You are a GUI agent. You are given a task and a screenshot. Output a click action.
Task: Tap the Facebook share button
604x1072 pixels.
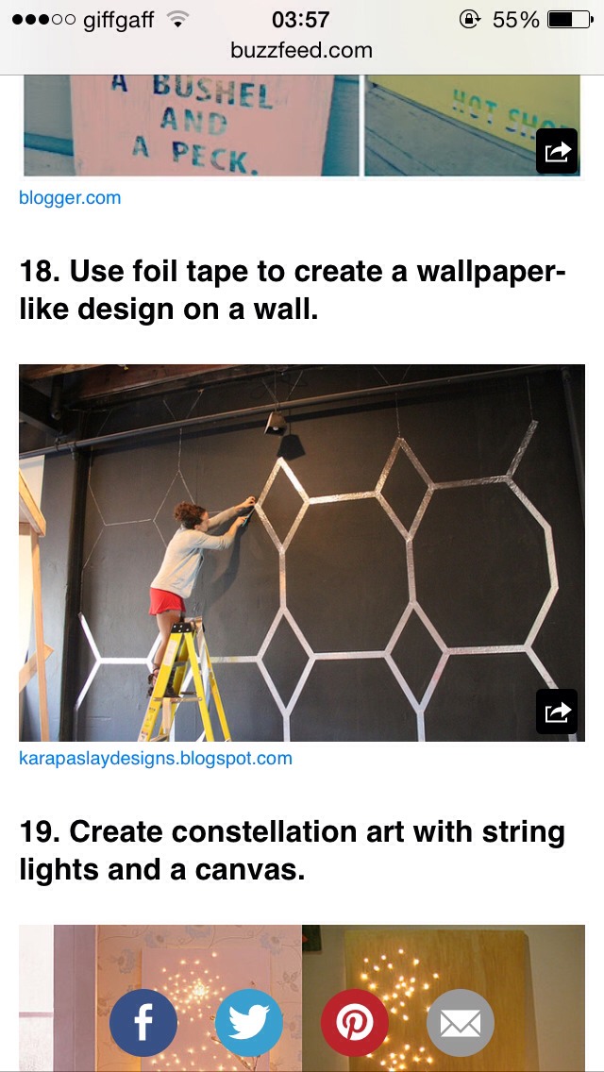pos(143,1022)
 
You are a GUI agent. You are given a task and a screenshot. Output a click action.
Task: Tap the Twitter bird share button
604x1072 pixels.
pos(249,1022)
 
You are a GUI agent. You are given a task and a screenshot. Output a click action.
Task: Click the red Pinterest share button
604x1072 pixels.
pos(355,1022)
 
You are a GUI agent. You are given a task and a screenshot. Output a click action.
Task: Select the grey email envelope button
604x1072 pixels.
pos(461,1022)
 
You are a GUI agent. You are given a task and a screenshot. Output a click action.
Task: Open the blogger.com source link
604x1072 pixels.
pos(70,198)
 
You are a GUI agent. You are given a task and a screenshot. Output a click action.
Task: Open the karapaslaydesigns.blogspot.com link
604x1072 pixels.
pos(156,758)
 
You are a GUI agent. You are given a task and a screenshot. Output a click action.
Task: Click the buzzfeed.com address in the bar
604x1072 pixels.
pos(301,50)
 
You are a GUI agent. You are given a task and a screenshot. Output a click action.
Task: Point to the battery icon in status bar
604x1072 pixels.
pos(570,19)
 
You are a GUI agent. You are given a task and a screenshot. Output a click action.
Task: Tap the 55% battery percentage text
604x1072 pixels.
pos(515,19)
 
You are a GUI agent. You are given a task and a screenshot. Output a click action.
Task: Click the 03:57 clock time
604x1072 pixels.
pos(300,19)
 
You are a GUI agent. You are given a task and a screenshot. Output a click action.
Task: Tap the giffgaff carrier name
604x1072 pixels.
pos(118,19)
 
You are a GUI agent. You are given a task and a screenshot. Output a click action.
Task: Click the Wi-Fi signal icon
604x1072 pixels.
pos(176,19)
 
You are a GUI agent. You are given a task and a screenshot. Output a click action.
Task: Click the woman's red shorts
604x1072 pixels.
pos(167,601)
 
